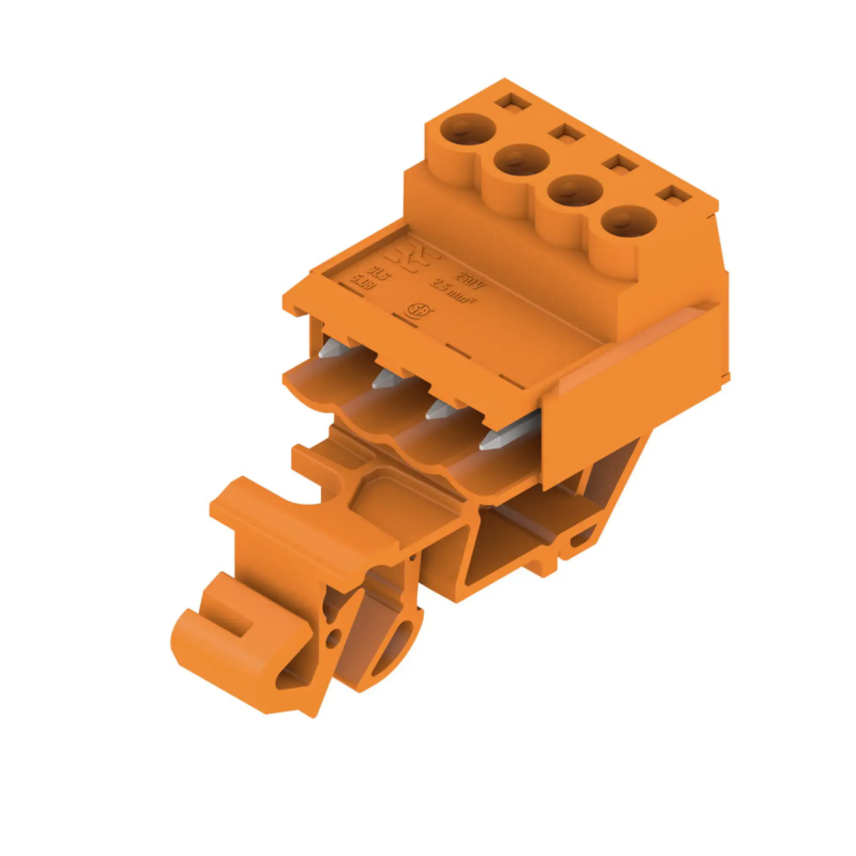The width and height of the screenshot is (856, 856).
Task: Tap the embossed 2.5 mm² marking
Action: tap(455, 291)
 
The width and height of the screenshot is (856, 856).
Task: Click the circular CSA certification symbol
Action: tap(418, 311)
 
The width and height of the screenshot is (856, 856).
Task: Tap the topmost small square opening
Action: tap(513, 103)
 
